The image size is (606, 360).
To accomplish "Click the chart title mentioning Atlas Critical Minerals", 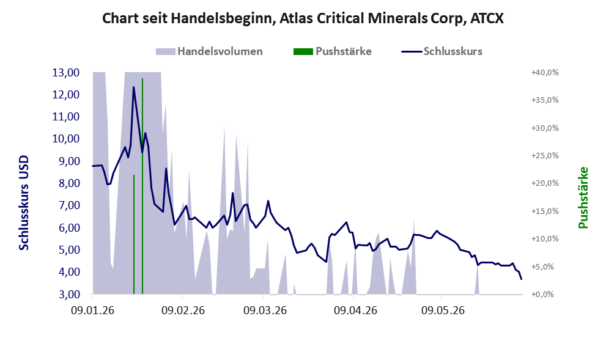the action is click(303, 18).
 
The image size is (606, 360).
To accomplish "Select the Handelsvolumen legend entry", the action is click(209, 51).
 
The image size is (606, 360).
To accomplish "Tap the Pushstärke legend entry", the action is click(333, 51).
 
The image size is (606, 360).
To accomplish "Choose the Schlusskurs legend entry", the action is click(442, 51).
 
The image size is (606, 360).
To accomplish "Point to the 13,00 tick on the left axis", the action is click(65, 73).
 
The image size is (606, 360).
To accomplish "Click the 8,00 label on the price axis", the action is click(65, 183).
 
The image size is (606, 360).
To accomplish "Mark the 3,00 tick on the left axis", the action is click(65, 295).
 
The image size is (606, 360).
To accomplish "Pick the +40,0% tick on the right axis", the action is click(545, 73).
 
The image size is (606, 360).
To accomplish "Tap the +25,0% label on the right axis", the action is click(545, 156).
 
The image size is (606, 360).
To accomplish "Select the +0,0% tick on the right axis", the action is click(545, 295).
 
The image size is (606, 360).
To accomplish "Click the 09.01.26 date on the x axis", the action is click(93, 310).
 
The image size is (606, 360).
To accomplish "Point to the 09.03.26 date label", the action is click(265, 310).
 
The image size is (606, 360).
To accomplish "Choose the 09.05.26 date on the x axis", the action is click(443, 310).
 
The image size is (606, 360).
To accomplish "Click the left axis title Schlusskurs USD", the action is click(24, 203).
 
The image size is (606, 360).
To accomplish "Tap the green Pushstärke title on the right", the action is click(583, 197).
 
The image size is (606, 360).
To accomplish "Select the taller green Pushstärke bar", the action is click(142, 186).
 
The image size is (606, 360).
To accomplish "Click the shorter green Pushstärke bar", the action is click(134, 235).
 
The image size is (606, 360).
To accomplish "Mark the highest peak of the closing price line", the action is click(134, 87).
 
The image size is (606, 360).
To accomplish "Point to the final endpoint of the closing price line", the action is click(522, 279).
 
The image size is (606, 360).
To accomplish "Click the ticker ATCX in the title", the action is click(487, 18).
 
